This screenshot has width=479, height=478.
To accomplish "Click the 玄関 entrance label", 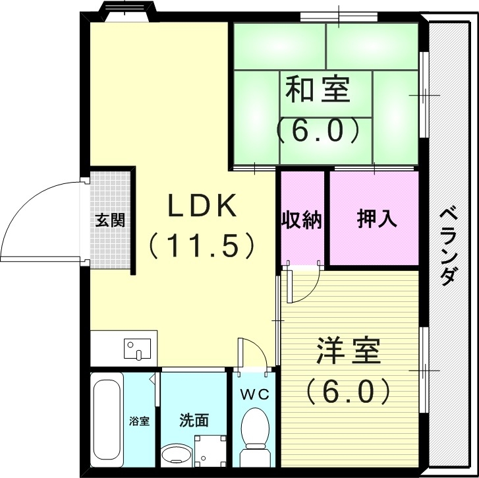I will [109, 220].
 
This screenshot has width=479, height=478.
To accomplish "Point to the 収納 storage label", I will [302, 220].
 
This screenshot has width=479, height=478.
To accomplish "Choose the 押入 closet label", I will [377, 220].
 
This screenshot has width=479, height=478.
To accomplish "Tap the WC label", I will [253, 395].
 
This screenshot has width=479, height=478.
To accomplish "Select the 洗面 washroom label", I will [194, 419].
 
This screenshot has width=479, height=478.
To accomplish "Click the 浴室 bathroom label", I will [139, 420].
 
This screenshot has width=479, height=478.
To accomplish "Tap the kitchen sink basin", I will [138, 348].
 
